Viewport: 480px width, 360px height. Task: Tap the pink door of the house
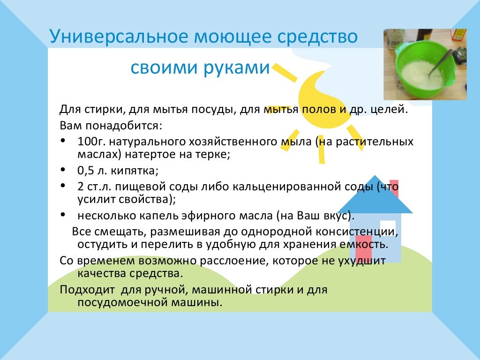pyautogui.click(x=363, y=248)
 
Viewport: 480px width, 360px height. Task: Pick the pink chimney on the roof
pyautogui.click(x=394, y=187)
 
